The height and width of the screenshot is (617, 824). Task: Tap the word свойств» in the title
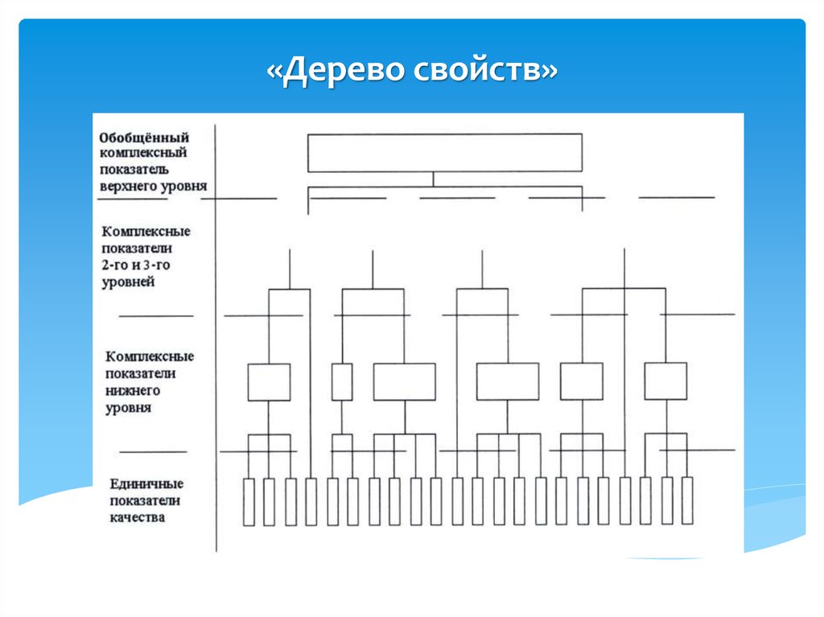(485, 70)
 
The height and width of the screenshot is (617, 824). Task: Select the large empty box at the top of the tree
(444, 153)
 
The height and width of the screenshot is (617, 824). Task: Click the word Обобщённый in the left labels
(144, 138)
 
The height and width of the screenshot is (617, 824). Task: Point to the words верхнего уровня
(154, 187)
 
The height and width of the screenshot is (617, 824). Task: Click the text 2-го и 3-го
(135, 265)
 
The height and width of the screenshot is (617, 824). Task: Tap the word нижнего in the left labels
(133, 390)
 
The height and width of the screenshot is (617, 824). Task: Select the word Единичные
(146, 483)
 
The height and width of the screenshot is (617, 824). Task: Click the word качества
(137, 517)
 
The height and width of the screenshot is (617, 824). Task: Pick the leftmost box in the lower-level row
(269, 382)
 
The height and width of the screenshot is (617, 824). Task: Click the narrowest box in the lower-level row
(342, 382)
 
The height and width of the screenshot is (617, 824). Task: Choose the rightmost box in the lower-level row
(665, 381)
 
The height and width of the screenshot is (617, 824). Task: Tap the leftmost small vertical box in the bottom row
(249, 502)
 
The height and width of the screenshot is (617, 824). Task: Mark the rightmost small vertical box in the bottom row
(687, 500)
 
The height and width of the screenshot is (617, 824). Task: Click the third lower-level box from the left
(405, 381)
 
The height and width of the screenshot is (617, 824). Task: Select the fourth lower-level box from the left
(508, 381)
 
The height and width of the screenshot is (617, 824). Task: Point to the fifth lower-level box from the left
(582, 381)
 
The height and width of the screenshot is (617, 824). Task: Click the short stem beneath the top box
(434, 179)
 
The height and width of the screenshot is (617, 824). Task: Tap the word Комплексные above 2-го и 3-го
(146, 231)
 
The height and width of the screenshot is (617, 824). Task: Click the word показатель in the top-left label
(134, 170)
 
